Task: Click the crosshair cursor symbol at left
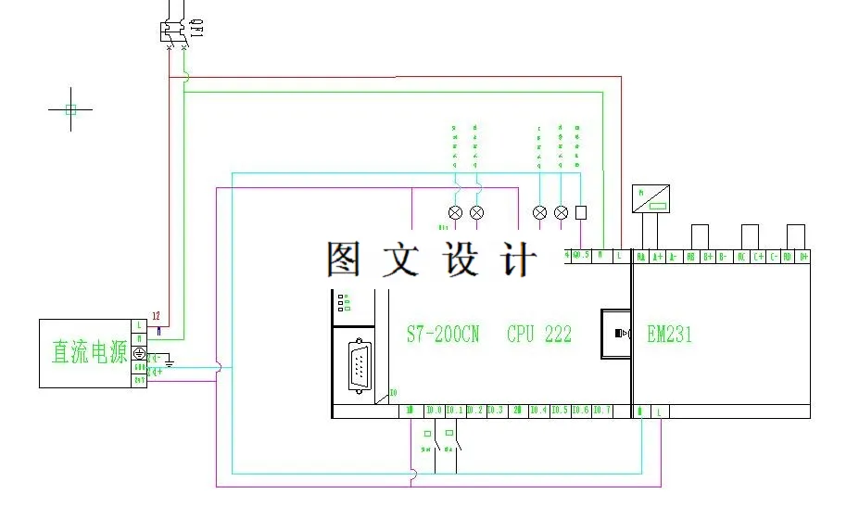pos(70,109)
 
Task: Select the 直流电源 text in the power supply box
pos(89,352)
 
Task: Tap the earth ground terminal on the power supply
pos(140,353)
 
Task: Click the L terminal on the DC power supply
pos(139,325)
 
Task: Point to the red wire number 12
pos(157,316)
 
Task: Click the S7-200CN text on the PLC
pos(443,334)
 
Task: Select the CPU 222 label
pos(539,334)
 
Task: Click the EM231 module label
pos(669,335)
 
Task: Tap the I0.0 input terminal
pos(434,410)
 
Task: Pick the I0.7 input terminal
pos(601,410)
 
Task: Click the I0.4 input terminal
pos(538,410)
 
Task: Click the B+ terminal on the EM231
pos(708,256)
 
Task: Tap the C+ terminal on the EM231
pos(758,256)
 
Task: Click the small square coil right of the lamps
pos(582,212)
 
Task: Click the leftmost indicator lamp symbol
pos(455,212)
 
